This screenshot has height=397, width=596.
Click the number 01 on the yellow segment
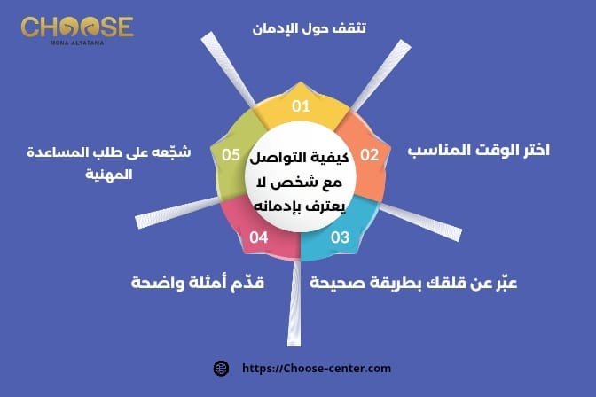(302, 107)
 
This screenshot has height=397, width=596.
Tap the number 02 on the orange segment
(369, 155)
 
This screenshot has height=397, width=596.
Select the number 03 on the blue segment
(341, 237)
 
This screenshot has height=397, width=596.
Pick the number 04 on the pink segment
(259, 237)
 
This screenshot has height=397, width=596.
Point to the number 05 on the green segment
(231, 155)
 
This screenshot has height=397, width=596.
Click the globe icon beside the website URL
(222, 368)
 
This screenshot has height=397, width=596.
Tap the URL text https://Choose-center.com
(316, 368)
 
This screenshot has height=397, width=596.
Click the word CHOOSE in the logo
(77, 27)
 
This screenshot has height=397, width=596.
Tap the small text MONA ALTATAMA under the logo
(77, 42)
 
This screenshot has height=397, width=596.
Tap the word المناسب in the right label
(443, 151)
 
